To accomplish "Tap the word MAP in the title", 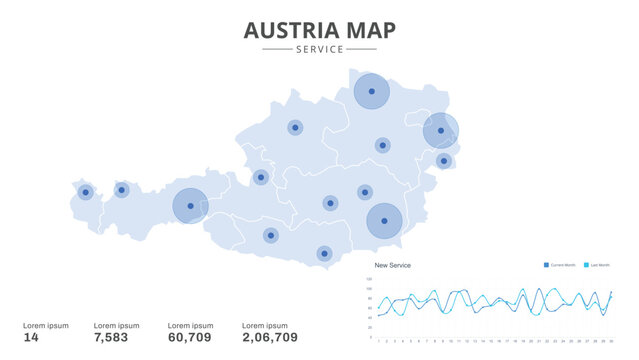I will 370,31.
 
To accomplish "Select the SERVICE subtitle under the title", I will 319,49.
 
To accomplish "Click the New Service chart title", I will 392,265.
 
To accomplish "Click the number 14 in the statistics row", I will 31,338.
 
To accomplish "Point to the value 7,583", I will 113,338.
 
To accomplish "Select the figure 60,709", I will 190,338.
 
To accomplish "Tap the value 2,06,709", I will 270,338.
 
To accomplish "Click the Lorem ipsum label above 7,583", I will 116,325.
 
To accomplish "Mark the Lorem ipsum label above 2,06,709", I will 265,325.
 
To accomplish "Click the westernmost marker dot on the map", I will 86,192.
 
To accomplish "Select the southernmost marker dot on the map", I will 324,253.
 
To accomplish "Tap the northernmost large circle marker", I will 371,91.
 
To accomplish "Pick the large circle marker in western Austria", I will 190,206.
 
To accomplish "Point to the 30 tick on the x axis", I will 610,341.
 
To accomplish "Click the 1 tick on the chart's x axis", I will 378,341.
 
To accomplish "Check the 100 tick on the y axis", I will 370,288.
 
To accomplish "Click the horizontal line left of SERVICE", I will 276,49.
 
